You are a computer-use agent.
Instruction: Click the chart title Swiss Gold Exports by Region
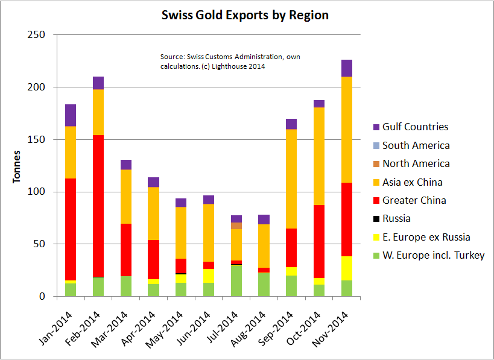click(x=245, y=15)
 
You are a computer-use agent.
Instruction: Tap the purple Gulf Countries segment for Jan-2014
click(x=71, y=115)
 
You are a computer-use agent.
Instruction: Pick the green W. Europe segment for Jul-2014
click(x=236, y=281)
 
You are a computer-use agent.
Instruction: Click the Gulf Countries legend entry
click(x=415, y=127)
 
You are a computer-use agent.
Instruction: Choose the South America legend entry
click(x=416, y=145)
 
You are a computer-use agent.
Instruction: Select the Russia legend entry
click(x=397, y=218)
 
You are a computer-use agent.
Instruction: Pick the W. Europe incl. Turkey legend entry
click(x=433, y=255)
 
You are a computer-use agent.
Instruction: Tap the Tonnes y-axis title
click(x=17, y=165)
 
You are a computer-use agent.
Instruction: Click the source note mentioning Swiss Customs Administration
click(x=230, y=62)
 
